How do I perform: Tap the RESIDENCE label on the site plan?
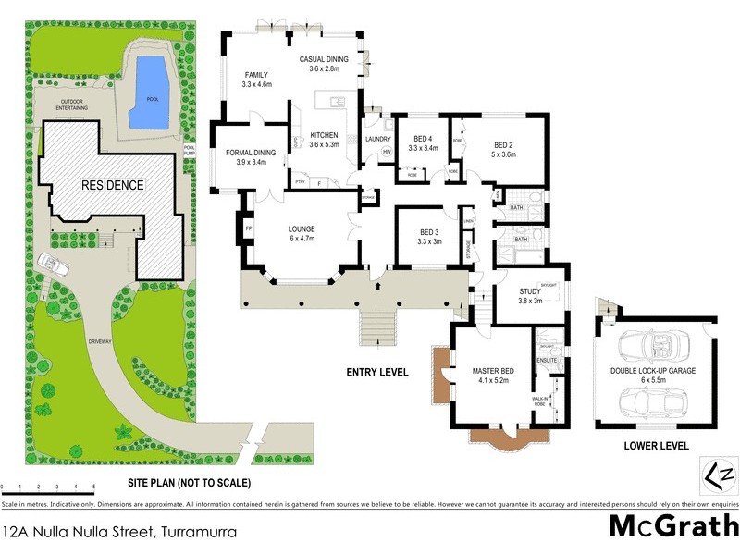tap(112, 185)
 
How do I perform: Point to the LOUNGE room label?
tap(302, 228)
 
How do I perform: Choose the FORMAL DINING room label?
tap(239, 153)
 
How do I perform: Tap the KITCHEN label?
tap(325, 135)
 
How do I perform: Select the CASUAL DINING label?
tap(324, 59)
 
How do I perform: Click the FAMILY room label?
tap(256, 75)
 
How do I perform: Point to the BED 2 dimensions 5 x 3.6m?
tap(502, 154)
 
